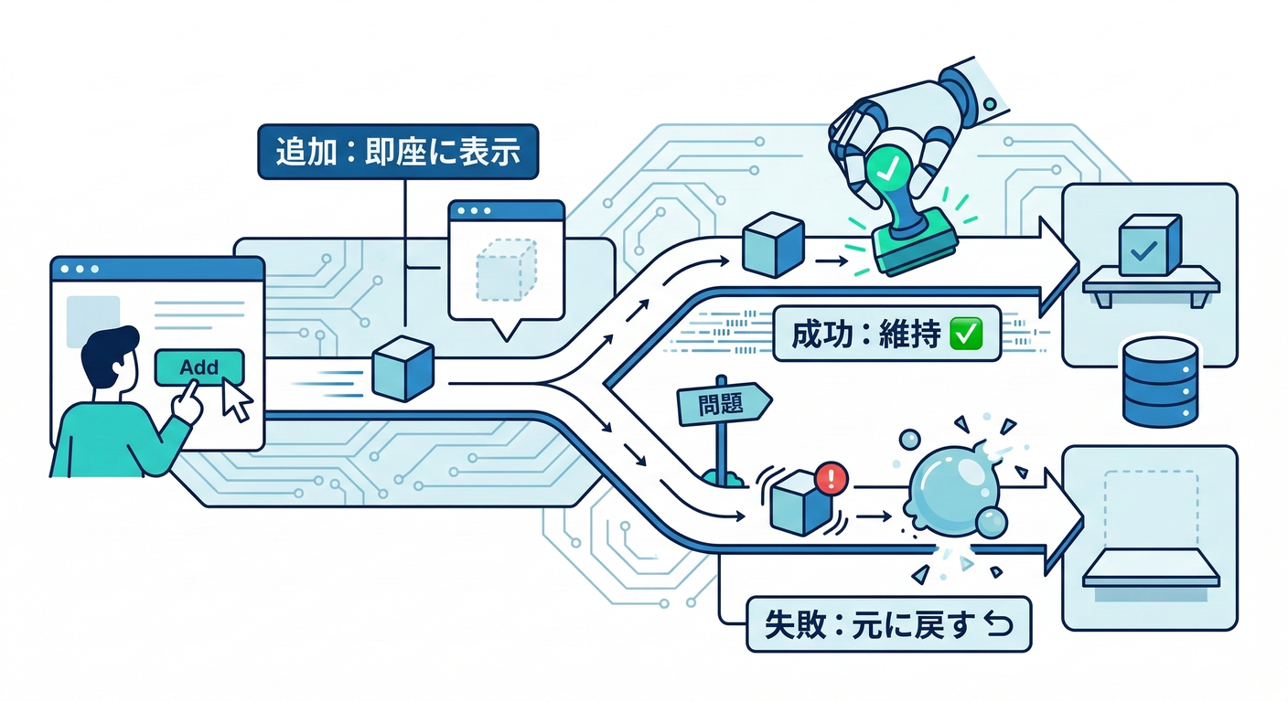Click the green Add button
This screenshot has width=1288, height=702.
point(200,367)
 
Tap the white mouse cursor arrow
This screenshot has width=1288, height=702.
point(237,400)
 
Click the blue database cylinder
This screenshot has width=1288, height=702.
point(1159,381)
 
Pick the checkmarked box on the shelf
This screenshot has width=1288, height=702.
point(1149,245)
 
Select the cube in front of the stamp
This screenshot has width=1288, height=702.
point(772,244)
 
